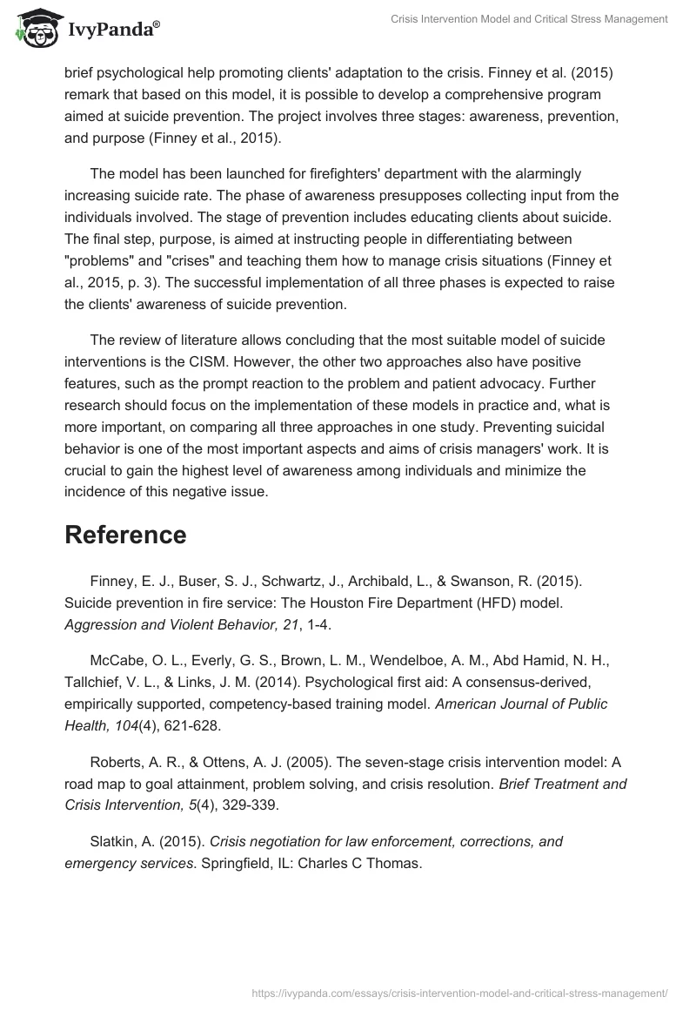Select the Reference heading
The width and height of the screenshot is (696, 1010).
[125, 535]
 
